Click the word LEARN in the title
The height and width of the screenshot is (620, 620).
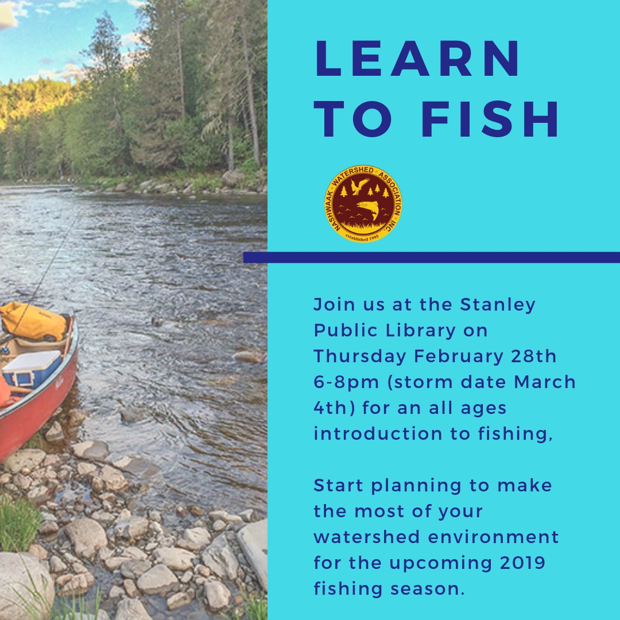coord(417,58)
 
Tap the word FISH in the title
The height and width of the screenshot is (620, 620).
coord(490,119)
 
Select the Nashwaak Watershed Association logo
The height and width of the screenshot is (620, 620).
coord(363,204)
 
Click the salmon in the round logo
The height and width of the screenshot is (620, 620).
coord(368,210)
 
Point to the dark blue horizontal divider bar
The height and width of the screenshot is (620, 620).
coord(431,257)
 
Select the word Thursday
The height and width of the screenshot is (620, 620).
coord(360,356)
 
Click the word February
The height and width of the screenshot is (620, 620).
coord(459,356)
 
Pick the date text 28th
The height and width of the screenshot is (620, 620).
coord(533,356)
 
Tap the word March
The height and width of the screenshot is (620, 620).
coord(544,382)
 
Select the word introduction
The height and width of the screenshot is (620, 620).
coord(378,434)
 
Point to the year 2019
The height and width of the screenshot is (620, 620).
coord(522,563)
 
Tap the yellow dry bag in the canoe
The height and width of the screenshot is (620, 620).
coord(34,321)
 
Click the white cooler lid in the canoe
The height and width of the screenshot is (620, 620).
coord(32,361)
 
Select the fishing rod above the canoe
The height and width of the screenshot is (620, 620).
coord(45,273)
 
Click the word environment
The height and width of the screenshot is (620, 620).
coord(494,537)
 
